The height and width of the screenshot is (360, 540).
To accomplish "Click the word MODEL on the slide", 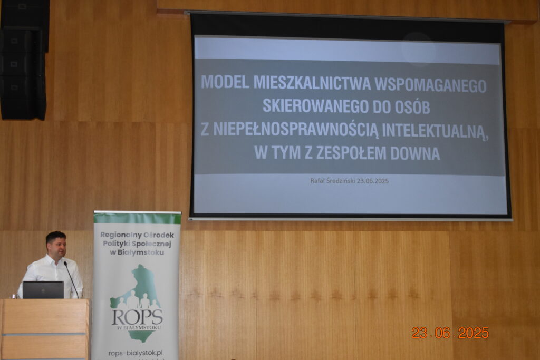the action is (225, 82).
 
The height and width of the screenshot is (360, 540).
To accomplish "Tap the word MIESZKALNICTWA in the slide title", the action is (312, 83).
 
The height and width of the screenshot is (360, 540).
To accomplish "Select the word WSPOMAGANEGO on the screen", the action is (430, 85).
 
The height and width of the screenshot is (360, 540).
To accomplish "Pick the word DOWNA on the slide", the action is (416, 153).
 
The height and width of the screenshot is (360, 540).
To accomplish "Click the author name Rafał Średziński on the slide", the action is (332, 181).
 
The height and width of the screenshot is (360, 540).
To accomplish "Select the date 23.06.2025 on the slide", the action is (373, 181).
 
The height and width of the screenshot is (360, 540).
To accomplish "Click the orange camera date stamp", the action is (450, 333).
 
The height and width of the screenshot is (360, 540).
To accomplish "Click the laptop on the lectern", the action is (43, 290).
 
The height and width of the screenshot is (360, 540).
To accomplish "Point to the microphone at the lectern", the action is (71, 279).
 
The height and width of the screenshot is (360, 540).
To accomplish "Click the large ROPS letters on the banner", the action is (137, 317).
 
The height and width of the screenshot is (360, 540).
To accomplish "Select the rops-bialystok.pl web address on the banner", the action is (136, 353).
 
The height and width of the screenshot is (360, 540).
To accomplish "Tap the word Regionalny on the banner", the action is (117, 235).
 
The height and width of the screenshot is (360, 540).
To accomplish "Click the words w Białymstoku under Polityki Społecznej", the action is (137, 252).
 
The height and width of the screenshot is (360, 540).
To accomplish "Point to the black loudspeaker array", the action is (23, 60).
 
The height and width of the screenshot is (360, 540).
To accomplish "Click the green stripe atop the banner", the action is (138, 218).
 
